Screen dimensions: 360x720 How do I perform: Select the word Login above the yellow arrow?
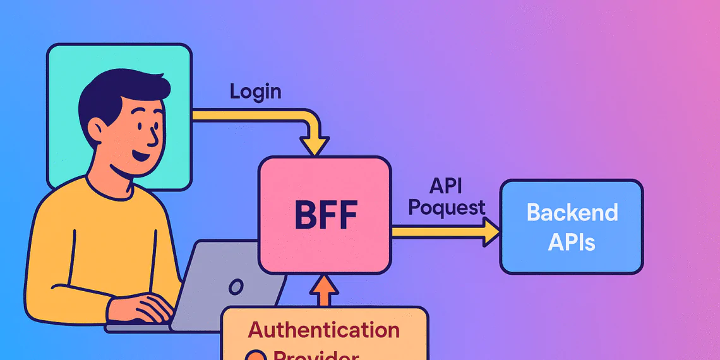point(255,92)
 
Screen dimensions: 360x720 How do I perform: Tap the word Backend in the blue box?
point(572,213)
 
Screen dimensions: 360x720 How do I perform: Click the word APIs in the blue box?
point(572,242)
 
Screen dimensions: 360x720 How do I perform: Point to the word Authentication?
point(323,330)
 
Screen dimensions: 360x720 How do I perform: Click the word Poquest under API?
point(447,208)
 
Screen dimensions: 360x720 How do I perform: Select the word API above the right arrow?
point(447,185)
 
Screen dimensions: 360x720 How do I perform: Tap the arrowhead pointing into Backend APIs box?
point(491,232)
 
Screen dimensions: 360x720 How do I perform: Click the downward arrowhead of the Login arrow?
point(314,146)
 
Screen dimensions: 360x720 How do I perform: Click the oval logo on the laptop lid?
point(236,287)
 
